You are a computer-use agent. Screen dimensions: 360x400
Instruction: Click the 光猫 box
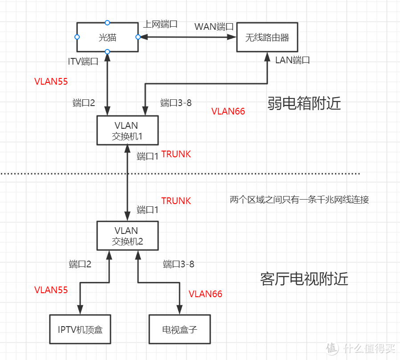coord(107,37)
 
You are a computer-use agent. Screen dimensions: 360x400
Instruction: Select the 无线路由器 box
coord(267,37)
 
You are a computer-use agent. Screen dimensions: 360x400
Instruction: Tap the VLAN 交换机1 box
coord(127,131)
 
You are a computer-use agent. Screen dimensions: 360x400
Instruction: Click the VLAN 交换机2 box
coord(127,236)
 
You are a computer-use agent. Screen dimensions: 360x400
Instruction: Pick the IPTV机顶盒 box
coord(80,330)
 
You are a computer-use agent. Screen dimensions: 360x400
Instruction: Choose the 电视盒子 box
coord(180,330)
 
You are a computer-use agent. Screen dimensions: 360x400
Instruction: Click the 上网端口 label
coord(160,24)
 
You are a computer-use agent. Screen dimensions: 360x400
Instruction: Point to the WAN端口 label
coord(214,26)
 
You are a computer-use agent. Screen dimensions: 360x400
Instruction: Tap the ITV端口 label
coord(83,61)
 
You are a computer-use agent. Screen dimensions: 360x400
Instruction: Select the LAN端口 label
coord(292,60)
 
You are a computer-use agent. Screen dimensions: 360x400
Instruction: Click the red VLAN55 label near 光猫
coord(51,82)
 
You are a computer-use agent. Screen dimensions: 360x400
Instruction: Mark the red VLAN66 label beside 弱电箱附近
coord(228,111)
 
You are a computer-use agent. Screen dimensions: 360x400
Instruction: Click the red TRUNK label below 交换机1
coord(176,154)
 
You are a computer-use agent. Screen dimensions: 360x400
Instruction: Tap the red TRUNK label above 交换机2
coord(176,201)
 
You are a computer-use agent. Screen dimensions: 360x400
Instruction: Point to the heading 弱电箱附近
coord(304,103)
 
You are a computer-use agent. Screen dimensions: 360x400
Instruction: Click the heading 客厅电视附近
coord(304,279)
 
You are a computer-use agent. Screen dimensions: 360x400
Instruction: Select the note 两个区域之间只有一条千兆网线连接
coord(299,200)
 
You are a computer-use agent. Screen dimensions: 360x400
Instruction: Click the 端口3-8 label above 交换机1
coord(176,102)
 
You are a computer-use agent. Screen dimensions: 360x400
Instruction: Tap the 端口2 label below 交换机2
coord(80,264)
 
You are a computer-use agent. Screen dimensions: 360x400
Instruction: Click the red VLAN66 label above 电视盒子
coord(205,294)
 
